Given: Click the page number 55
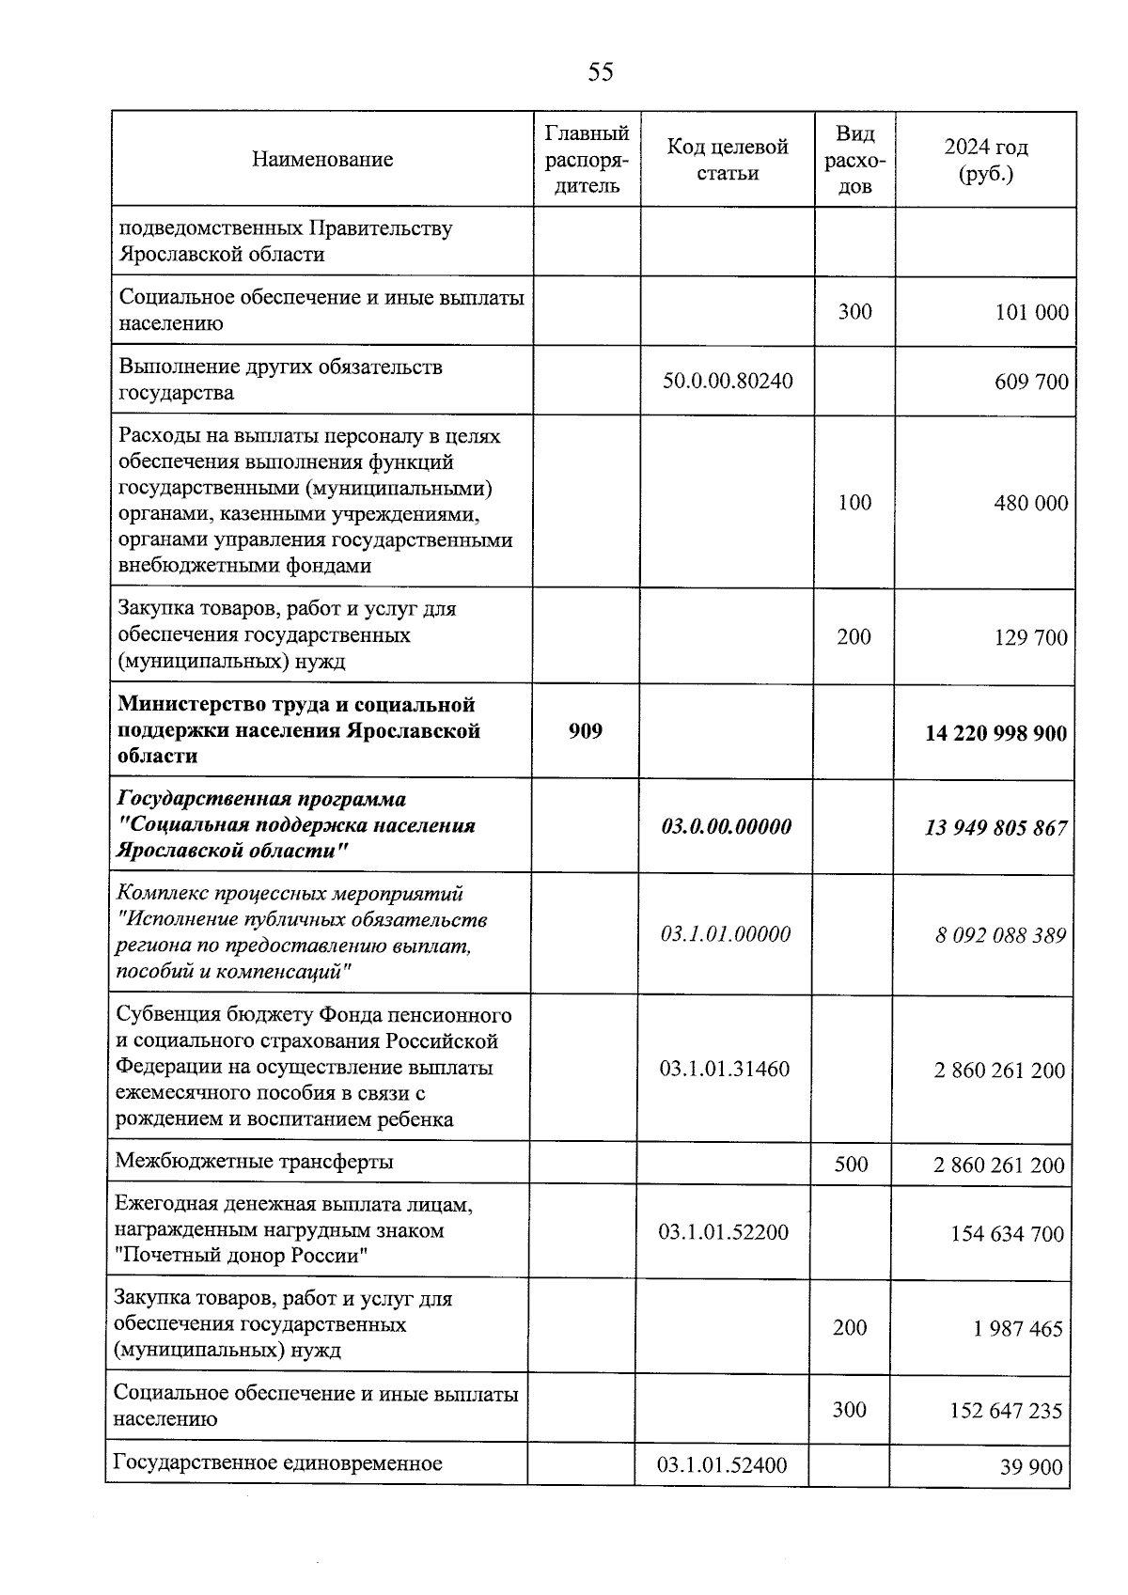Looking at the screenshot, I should pos(600,72).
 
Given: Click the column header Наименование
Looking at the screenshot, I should pos(322,160).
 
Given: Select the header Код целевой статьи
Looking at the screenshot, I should pos(728,160).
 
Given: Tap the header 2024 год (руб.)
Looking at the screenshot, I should pos(986,161).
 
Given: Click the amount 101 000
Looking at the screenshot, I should pos(1031,312).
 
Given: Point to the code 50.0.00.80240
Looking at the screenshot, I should pos(728,381).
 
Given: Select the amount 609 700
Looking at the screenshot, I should pos(1031,382).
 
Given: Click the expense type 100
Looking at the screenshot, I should pos(854,502).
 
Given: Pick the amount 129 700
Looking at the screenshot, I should pos(1031,638).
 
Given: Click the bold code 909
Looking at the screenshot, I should pos(586,730).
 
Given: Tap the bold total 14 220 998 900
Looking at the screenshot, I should pos(995,733).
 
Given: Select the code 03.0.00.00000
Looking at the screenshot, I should pos(727,826).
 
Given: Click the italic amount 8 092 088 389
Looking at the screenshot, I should pos(1000,935).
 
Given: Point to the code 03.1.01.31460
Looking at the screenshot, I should pos(725,1069).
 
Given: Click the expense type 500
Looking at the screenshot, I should pos(851,1165).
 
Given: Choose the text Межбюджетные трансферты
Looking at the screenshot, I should pos(254,1162).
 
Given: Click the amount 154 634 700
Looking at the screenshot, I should pos(1007,1233).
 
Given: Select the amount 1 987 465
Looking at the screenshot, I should pos(1019,1329).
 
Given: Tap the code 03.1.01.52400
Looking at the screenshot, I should pos(722,1464).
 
